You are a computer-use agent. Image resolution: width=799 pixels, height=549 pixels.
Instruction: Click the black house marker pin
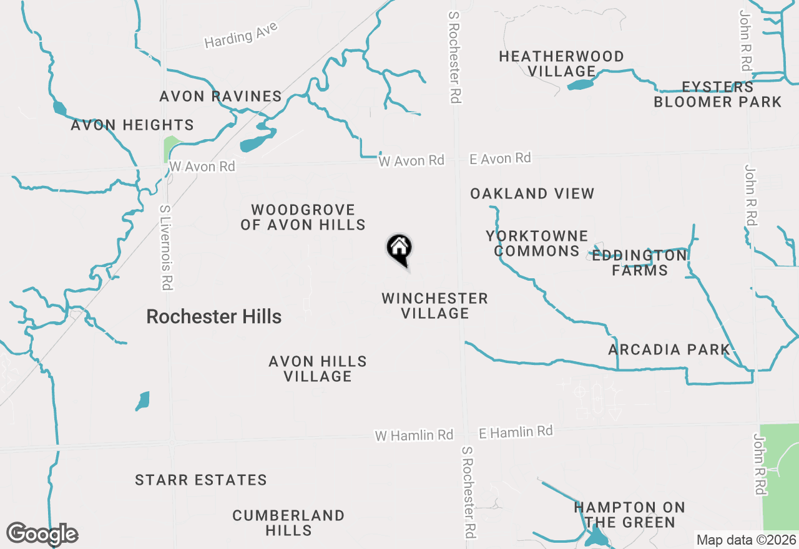399,249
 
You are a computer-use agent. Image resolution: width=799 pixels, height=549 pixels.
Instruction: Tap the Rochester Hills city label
213,316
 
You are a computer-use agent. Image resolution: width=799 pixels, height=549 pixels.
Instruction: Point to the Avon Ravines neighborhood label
220,96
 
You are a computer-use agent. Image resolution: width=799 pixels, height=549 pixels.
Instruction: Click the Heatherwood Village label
561,64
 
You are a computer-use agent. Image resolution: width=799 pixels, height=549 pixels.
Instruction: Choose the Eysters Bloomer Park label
717,94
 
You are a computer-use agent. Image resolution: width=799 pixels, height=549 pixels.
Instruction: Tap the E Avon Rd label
500,159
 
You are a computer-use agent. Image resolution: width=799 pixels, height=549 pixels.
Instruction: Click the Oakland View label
532,193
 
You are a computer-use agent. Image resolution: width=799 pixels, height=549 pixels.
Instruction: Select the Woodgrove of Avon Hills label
303,217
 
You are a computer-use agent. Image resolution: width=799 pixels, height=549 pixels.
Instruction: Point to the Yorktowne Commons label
536,243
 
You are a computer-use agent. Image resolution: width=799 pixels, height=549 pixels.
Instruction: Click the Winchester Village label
434,306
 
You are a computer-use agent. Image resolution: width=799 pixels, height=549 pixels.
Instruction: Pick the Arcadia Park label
669,349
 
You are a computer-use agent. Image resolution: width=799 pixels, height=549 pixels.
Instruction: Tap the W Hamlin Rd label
414,435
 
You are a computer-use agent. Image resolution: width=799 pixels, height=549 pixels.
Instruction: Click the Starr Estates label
201,480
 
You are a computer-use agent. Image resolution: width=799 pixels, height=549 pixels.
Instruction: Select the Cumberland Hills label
288,523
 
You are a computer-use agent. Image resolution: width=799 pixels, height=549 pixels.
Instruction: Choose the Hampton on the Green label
629,515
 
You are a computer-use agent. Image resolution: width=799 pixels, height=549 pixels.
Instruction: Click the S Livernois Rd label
165,248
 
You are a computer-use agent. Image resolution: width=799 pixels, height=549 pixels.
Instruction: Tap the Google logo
42,534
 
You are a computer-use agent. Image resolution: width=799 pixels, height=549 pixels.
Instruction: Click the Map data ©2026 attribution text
746,540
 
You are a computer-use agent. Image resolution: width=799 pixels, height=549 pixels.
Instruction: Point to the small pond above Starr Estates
143,401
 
